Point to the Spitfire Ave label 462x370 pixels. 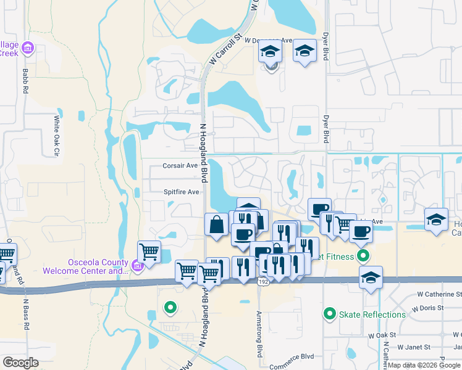pos(181,192)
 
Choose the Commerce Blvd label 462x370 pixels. pos(292,357)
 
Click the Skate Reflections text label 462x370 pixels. pos(372,314)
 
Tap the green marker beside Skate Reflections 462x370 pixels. pos(330,314)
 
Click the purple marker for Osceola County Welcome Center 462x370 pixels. pos(137,266)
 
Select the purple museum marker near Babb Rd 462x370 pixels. pos(27,47)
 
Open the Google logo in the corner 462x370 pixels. pos(20,362)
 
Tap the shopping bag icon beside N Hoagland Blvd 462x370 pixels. pos(217,224)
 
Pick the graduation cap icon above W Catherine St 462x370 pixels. pos(371,277)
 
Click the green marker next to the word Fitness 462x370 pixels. pos(364,256)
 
